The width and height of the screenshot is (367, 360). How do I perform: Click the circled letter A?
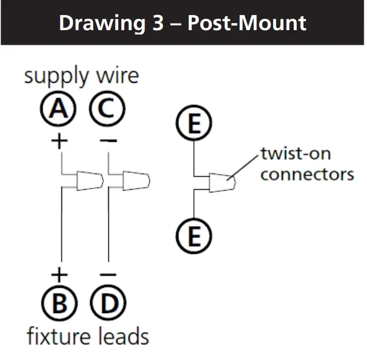click(59, 110)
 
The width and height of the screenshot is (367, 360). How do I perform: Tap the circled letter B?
click(59, 303)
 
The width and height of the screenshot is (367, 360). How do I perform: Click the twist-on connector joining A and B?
click(89, 181)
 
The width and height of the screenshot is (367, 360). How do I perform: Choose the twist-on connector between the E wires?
click(221, 182)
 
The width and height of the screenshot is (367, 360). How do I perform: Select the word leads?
click(123, 337)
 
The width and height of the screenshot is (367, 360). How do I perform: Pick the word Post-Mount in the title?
click(247, 23)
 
